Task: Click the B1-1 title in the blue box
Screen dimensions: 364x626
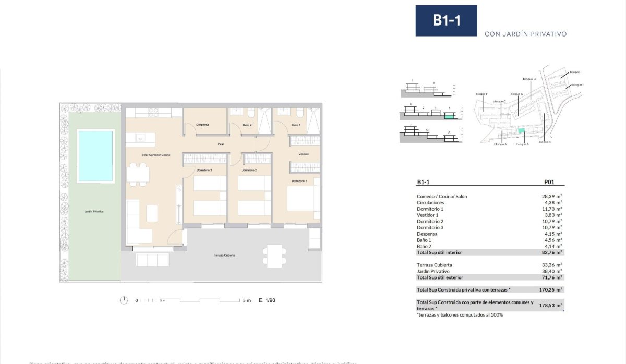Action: (446, 21)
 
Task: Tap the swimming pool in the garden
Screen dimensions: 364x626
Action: (95, 156)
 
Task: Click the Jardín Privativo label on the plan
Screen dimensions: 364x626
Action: (94, 212)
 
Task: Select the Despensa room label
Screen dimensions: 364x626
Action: (202, 125)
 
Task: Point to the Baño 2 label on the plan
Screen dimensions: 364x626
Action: (247, 125)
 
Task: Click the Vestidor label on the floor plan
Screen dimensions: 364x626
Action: (304, 154)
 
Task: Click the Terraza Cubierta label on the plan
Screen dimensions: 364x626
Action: (224, 256)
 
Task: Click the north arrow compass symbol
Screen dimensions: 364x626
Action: (124, 300)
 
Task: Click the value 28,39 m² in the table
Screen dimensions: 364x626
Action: (551, 196)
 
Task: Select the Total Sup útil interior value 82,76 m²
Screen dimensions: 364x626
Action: (551, 252)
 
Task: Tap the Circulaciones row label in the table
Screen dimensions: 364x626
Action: (430, 202)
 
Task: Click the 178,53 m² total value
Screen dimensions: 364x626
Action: (551, 306)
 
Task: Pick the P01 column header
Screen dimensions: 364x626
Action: (548, 183)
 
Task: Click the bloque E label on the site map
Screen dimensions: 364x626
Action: (545, 142)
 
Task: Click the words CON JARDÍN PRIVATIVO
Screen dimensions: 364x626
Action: (525, 34)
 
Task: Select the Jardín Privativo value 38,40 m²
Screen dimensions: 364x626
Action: (551, 271)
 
